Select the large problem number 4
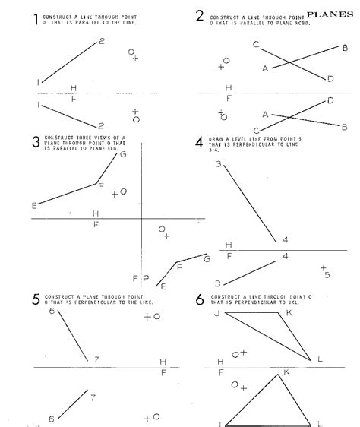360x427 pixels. coord(199,141)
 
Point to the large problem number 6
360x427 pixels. coord(199,299)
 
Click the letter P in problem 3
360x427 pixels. coord(145,279)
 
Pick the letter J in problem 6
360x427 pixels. coord(216,313)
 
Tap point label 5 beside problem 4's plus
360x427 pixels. coord(327,275)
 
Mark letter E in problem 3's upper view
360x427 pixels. coord(34,205)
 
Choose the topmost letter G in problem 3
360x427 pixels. coord(122,154)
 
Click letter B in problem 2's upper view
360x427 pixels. coord(345,48)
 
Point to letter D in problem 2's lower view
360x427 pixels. coord(330,100)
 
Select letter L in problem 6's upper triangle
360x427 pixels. coord(320,359)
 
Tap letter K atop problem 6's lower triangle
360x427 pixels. coord(286,372)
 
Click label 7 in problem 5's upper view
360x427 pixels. coord(96,359)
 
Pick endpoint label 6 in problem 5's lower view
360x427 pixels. coord(52,419)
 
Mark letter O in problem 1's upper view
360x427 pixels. coord(131,52)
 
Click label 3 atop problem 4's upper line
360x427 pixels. coord(218,165)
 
